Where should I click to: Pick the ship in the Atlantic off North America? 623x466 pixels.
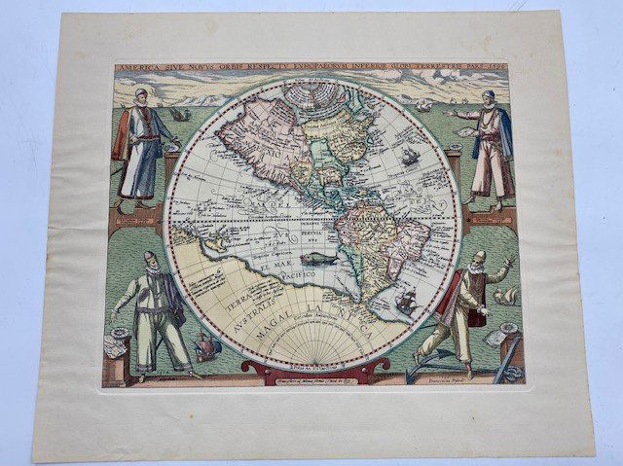click(410, 155)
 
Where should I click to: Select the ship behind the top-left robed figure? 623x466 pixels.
click(179, 114)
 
